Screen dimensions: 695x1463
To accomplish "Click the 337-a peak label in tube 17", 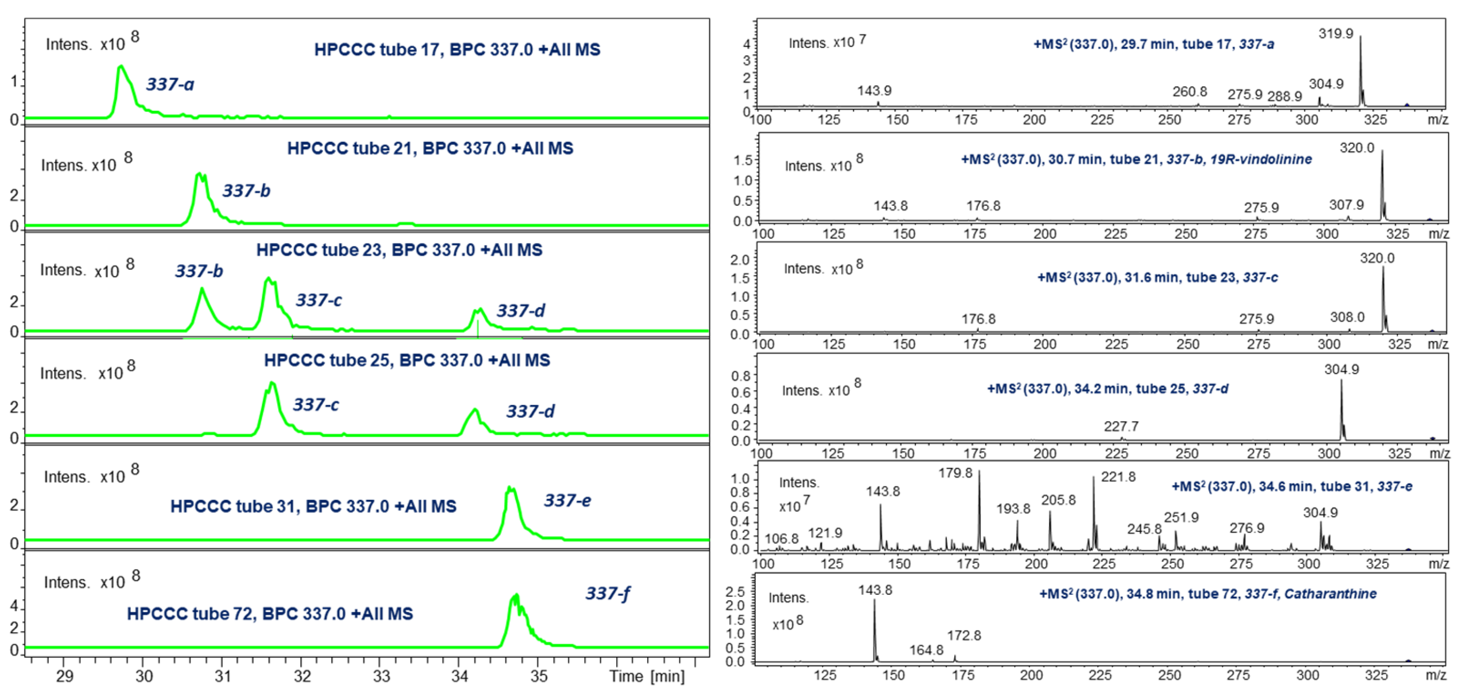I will click(x=170, y=85).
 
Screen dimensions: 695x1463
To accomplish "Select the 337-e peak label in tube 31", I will click(x=567, y=501).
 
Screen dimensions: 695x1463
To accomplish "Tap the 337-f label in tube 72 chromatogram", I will click(x=607, y=594).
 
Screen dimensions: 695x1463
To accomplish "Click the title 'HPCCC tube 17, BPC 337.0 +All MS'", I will click(x=457, y=50).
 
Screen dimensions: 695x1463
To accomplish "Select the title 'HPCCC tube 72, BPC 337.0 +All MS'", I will click(x=270, y=614).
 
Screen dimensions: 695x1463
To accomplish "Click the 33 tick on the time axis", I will click(x=381, y=676).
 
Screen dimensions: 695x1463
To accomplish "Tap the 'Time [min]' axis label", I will click(x=646, y=676).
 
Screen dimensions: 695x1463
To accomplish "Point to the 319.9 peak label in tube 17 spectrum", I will click(x=1335, y=33).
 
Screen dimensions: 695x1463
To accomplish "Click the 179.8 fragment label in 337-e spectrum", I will click(x=955, y=473).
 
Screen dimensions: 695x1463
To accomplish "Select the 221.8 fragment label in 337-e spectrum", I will click(x=1118, y=477).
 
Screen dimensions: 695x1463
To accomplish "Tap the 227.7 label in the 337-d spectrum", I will click(x=1121, y=426).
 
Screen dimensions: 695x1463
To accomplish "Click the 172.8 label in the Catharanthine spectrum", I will click(x=963, y=635).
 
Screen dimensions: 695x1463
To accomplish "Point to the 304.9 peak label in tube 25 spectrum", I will click(x=1341, y=370).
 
